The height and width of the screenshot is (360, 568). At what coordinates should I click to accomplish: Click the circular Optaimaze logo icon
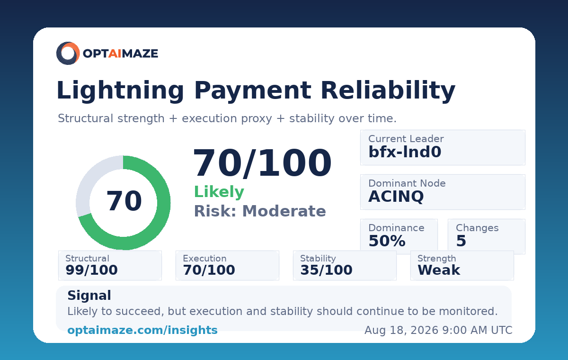[68, 53]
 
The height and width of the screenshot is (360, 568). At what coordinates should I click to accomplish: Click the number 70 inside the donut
[124, 201]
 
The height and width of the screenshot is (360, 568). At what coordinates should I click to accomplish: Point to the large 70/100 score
[262, 163]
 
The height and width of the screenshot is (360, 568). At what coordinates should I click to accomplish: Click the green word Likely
[219, 192]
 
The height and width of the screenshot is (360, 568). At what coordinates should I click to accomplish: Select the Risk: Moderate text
[260, 211]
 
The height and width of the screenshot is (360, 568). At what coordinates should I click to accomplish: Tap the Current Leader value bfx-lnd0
[405, 152]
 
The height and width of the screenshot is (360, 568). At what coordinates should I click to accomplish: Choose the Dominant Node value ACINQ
[396, 197]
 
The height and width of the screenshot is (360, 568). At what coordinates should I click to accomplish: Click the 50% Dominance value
[387, 241]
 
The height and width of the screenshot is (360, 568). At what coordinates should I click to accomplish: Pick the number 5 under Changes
[461, 241]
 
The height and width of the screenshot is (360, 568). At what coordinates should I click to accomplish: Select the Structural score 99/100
[91, 270]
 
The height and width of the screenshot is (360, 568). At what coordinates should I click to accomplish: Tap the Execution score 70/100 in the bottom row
[209, 270]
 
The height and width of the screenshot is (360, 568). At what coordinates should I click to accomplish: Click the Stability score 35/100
[326, 270]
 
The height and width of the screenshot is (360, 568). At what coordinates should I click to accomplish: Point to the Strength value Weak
[439, 270]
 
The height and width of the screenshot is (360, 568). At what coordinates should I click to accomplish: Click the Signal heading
[89, 296]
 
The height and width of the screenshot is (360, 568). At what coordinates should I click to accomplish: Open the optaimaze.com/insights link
[142, 330]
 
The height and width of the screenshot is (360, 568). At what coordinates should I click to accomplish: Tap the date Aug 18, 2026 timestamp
[438, 330]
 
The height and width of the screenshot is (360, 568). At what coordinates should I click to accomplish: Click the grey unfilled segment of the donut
[90, 180]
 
